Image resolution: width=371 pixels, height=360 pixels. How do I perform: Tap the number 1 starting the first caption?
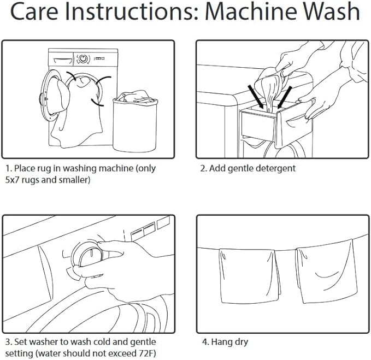[x=8, y=168]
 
